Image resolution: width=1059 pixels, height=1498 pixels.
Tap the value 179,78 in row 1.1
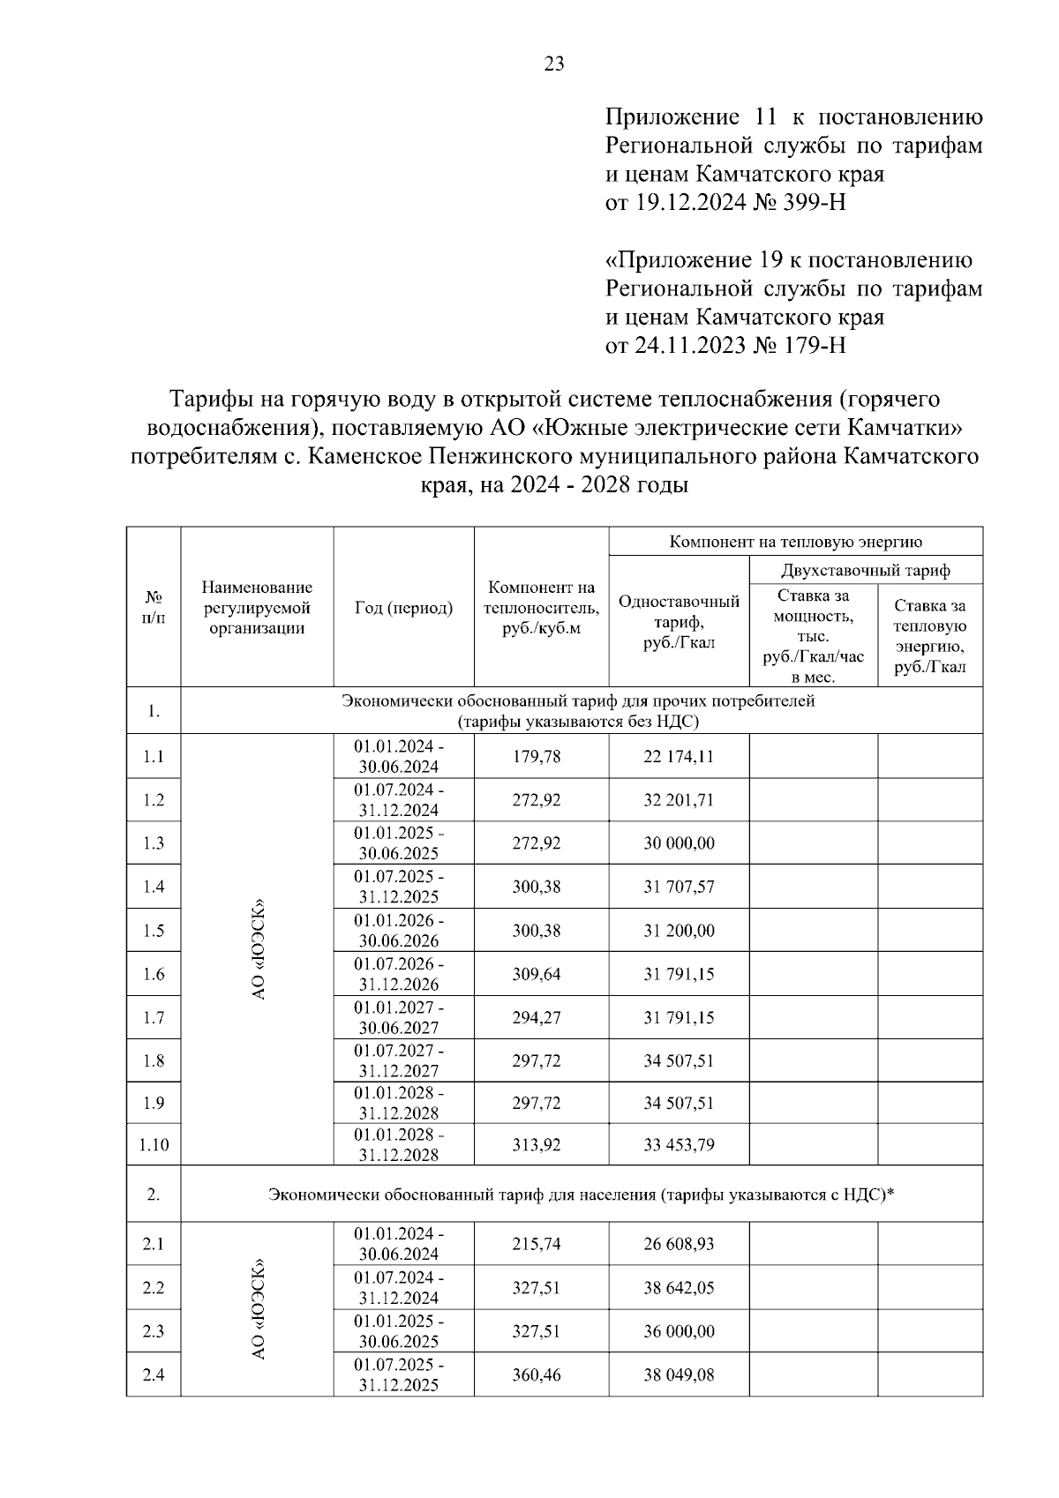[537, 756]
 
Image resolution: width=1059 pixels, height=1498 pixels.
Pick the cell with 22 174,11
[679, 756]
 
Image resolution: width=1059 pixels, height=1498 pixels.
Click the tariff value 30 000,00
[679, 843]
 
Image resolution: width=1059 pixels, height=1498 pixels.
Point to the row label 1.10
[154, 1145]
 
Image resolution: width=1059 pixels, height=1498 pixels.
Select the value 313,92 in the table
[537, 1145]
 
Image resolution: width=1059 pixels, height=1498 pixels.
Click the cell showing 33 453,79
[679, 1145]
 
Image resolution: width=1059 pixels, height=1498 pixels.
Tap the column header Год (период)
[403, 608]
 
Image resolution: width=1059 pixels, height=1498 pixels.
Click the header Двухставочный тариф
[866, 570]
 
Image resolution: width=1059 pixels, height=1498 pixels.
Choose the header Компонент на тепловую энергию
[795, 542]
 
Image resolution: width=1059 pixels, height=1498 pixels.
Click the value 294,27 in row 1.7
[537, 1017]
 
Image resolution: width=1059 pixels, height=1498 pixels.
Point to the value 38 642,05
[679, 1288]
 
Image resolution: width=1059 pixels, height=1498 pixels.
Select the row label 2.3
[154, 1331]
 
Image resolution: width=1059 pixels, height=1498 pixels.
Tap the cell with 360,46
[537, 1374]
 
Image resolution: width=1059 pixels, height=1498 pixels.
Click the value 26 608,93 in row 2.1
[679, 1244]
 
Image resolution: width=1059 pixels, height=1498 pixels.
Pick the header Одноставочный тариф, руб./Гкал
[679, 622]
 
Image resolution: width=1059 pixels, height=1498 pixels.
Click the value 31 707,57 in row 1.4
[679, 887]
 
